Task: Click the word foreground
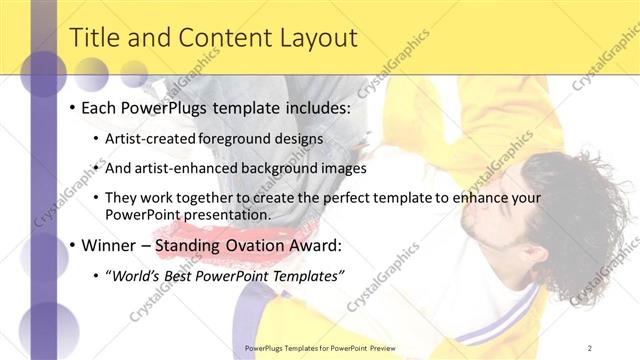[x=240, y=139]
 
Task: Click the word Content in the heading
[x=221, y=38]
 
